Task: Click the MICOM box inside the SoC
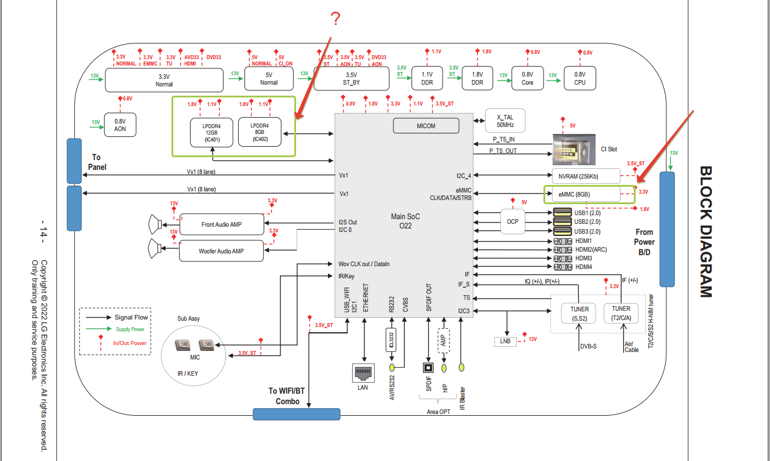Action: (426, 126)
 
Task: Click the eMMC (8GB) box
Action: (583, 194)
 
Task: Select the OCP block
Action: (512, 222)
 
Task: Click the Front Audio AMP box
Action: (221, 224)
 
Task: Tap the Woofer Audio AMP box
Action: (221, 251)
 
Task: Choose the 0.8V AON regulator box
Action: (120, 125)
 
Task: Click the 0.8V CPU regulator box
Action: (579, 78)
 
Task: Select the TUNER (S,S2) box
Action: (579, 313)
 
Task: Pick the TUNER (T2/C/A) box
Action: (621, 313)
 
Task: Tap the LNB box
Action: (505, 341)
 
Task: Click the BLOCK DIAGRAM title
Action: (705, 232)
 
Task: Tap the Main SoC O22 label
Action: (405, 221)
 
